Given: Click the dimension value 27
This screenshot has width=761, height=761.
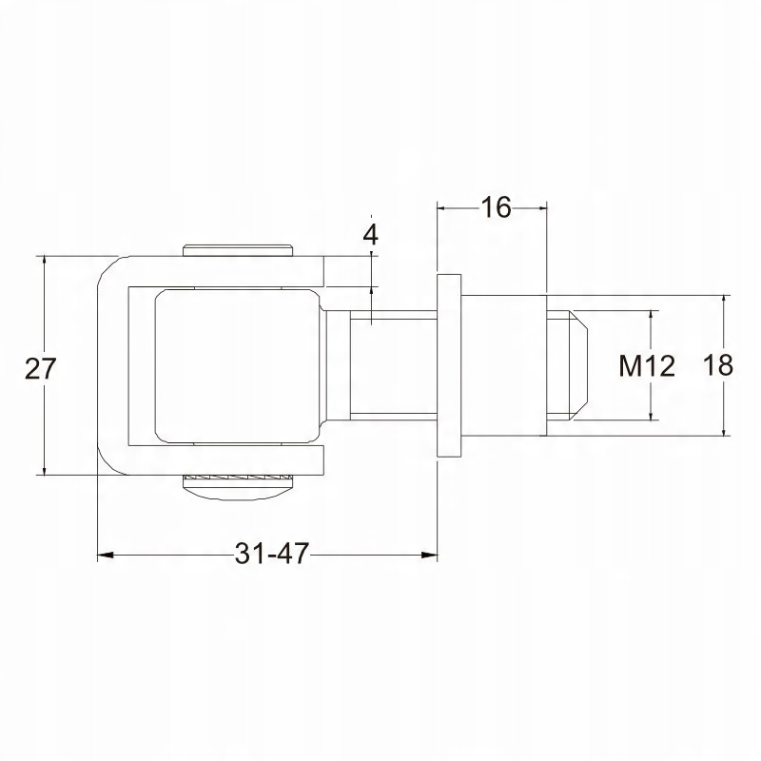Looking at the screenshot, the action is click(x=40, y=368).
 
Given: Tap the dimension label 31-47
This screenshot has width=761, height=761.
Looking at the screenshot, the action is click(x=272, y=554).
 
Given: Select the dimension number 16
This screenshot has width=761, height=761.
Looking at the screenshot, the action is click(x=496, y=207).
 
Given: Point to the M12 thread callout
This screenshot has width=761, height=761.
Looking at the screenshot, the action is click(x=647, y=366).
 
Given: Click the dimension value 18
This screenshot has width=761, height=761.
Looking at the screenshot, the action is click(x=718, y=365).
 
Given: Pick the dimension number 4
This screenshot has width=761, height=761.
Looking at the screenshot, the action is click(x=371, y=235).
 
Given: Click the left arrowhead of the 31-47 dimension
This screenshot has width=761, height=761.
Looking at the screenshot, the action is click(x=106, y=555).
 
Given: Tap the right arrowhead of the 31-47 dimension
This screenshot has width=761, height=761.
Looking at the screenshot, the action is click(x=429, y=555).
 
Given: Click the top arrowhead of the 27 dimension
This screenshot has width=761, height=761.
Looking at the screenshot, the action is click(x=44, y=263).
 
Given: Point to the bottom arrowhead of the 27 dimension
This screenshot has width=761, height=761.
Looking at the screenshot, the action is click(x=44, y=467).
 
